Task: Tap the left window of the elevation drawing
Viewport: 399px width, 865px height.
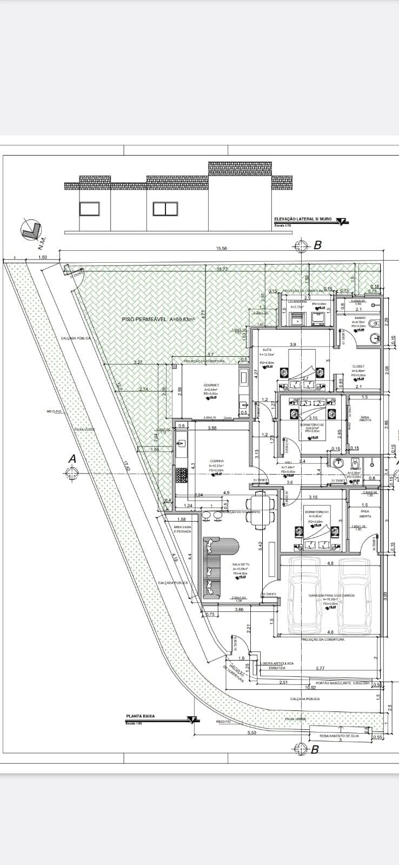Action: tap(89, 209)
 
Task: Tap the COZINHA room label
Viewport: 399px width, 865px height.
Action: tap(217, 461)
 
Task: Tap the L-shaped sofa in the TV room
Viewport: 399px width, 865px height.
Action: tap(214, 568)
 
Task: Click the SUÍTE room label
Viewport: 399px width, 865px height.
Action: tap(267, 350)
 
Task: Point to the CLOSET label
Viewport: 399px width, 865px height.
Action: tap(358, 366)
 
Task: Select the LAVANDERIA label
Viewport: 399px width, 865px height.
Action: tap(297, 302)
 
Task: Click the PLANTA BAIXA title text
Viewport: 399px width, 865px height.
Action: tap(140, 716)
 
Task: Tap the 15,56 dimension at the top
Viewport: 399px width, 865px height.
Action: tap(221, 248)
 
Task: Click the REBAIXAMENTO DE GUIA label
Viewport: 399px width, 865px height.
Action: tap(339, 735)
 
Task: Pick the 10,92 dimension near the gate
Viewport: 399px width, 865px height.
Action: tap(310, 688)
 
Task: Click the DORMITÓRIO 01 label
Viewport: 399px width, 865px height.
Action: tap(314, 511)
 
